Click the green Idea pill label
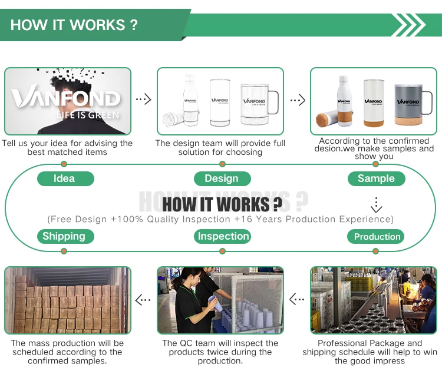(65, 178)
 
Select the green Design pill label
(222, 178)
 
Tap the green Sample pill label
(377, 178)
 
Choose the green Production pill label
(375, 236)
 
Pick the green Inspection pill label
(222, 236)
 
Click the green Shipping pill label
(65, 236)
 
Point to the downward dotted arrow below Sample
(377, 205)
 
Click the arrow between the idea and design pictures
(144, 99)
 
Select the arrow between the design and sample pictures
(298, 100)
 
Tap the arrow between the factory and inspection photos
(297, 299)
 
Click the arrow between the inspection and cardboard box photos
(143, 300)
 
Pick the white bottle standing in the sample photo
(345, 101)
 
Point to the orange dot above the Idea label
(64, 164)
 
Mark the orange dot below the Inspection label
(222, 251)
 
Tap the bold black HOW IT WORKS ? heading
(222, 204)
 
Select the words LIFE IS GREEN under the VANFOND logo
(88, 115)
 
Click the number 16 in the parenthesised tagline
(247, 219)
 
